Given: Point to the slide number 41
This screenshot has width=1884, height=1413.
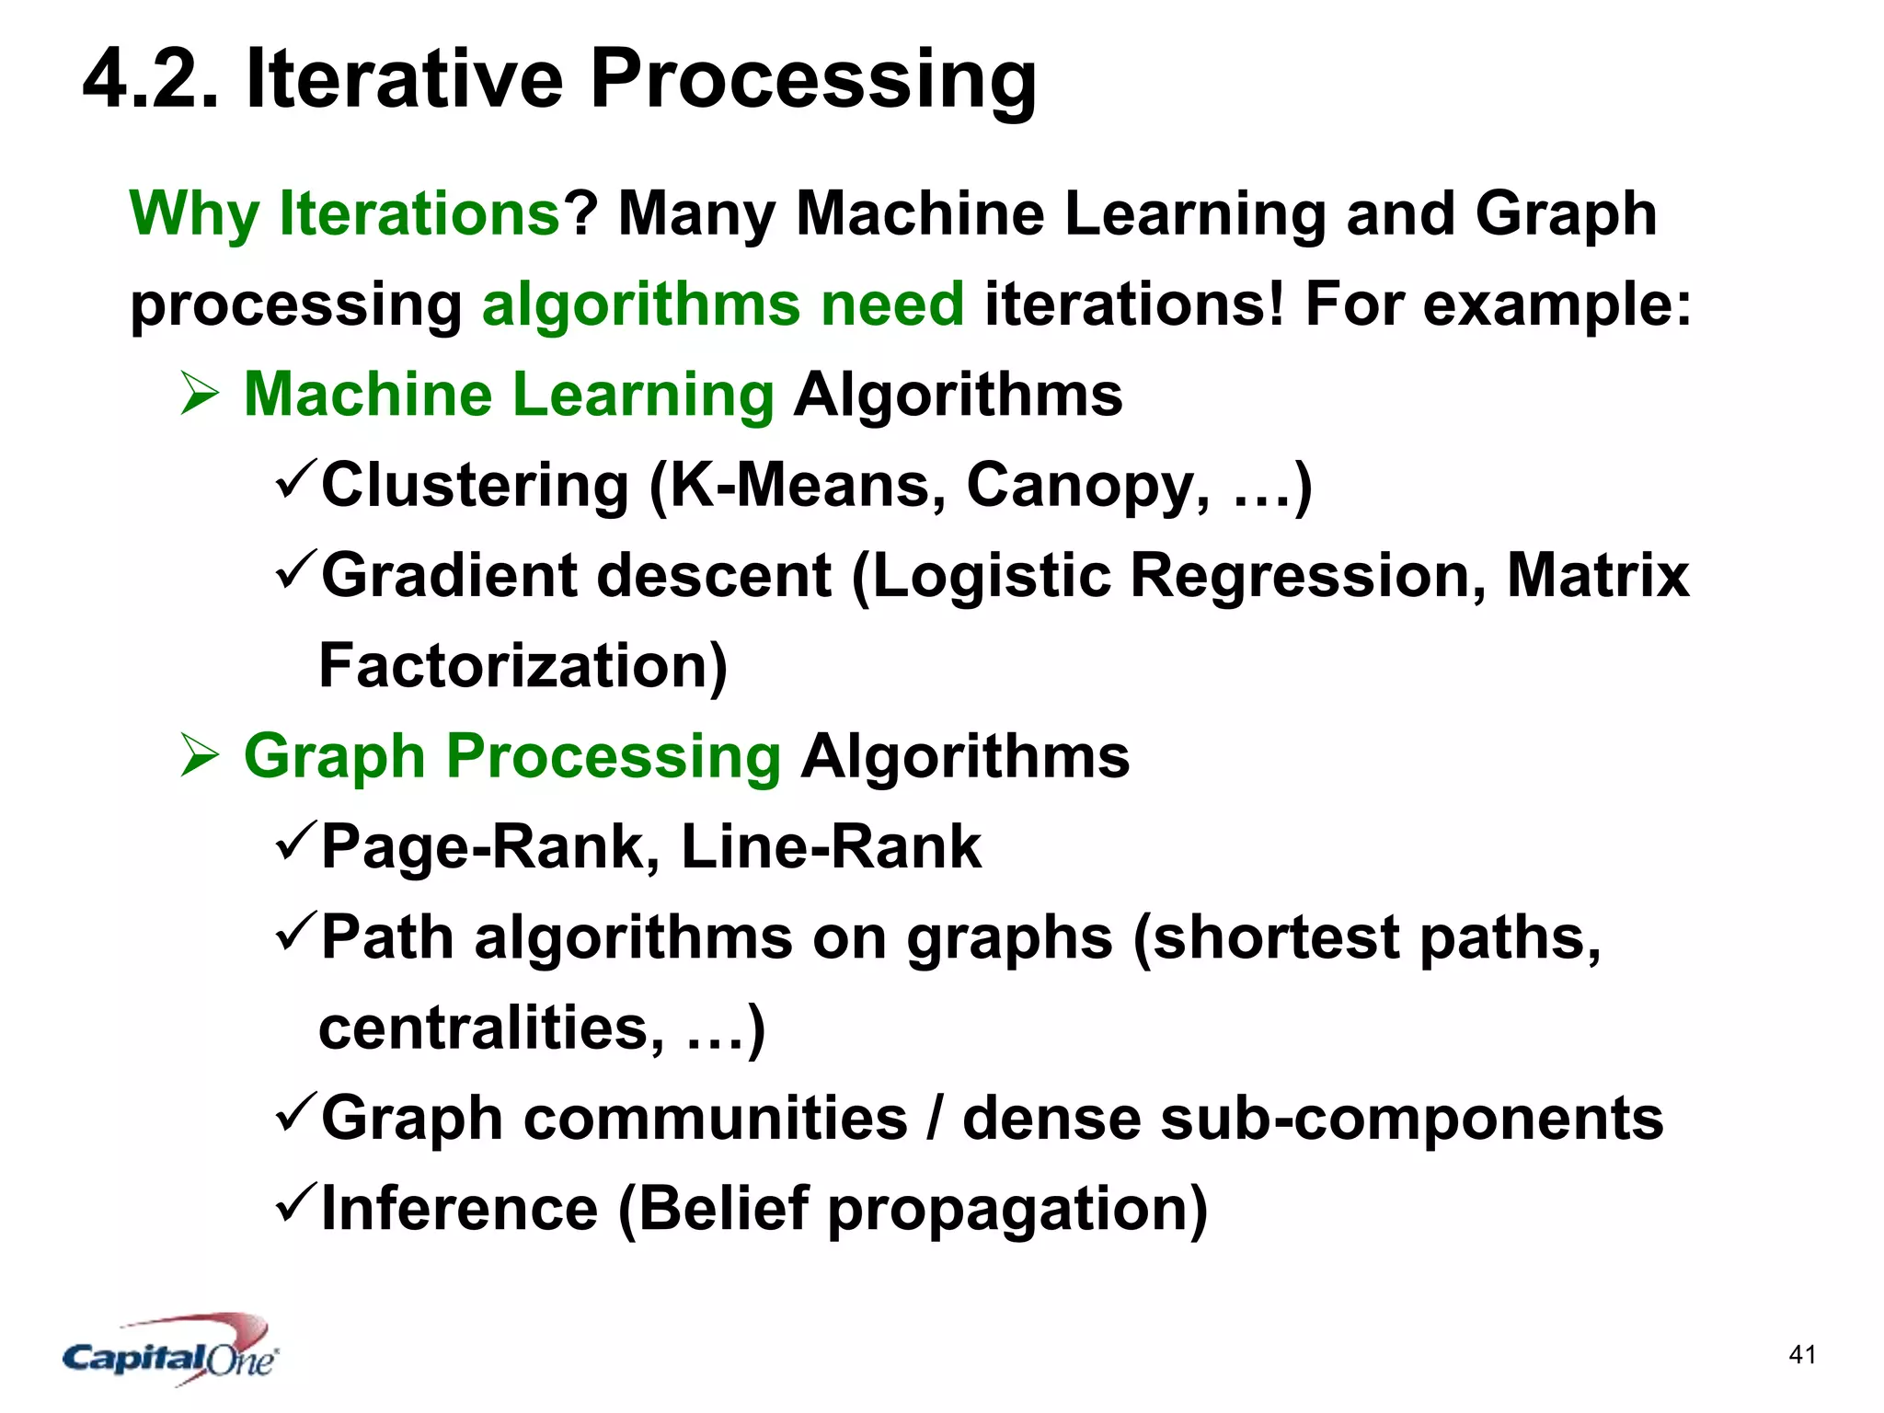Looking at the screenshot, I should point(1802,1355).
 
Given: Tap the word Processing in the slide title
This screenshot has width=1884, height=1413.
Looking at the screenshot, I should point(813,81).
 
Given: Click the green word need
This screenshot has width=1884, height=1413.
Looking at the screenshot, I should point(892,304).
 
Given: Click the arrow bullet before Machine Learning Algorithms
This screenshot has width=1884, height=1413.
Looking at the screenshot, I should point(200,394).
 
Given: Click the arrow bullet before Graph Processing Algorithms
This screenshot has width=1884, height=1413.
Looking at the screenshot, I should point(200,755).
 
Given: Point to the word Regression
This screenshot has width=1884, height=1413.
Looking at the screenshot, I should point(1307,576).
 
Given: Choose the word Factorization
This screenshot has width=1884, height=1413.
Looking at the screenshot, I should point(522,666).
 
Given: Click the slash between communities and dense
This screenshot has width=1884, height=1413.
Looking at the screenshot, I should point(935,1119).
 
